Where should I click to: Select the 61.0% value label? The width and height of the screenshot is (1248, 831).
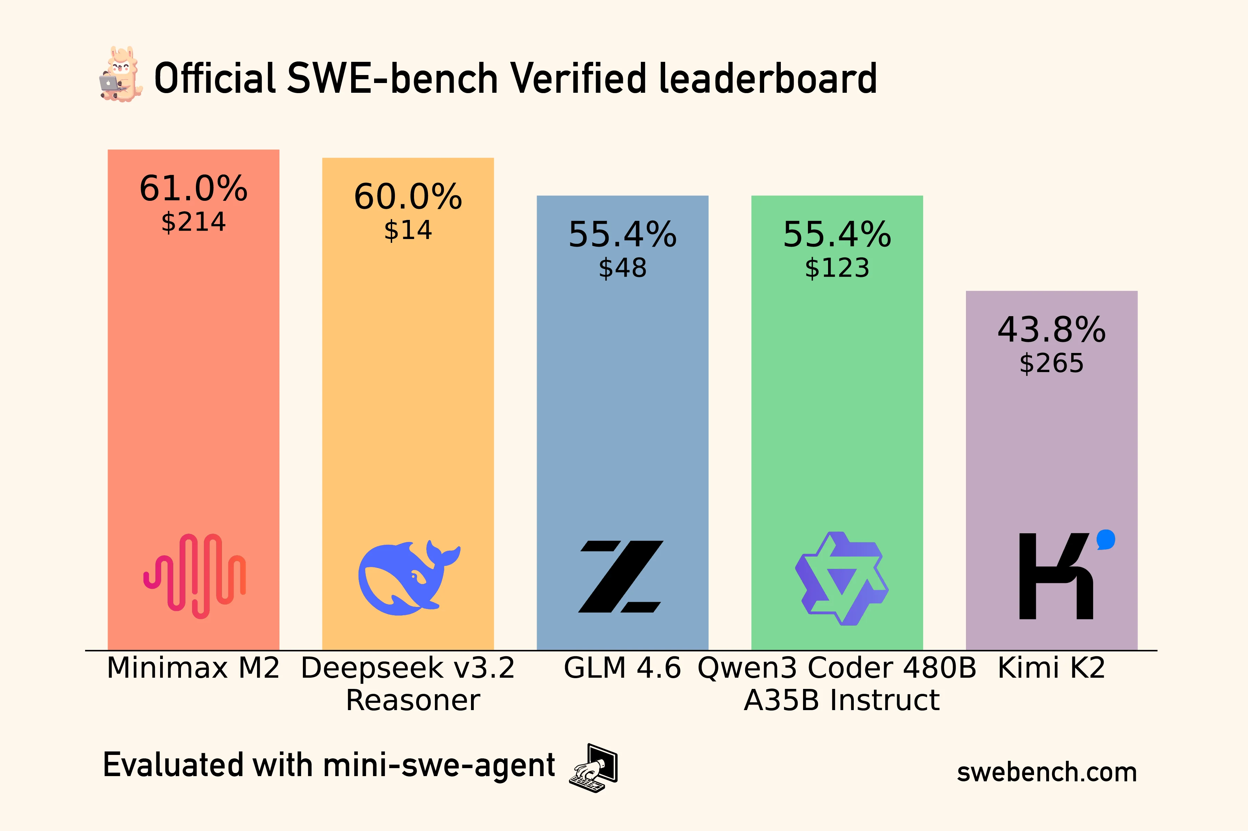pos(193,188)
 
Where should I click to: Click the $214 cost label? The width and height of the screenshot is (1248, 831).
pos(193,222)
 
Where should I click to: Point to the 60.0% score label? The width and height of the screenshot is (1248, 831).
pos(408,197)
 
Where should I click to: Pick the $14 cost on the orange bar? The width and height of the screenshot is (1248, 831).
pos(408,230)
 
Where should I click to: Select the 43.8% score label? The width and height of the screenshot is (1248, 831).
pos(1051,330)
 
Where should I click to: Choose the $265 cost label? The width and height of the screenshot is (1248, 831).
pos(1051,363)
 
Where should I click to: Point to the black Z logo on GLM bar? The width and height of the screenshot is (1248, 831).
pos(621,577)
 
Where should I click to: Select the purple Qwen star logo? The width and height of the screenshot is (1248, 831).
pos(841,579)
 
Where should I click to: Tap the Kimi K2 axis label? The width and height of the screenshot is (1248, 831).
pos(1051,668)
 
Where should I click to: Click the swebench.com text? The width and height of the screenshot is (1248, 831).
pos(1047,772)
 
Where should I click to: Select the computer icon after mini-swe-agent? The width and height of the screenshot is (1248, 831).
pos(594,768)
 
